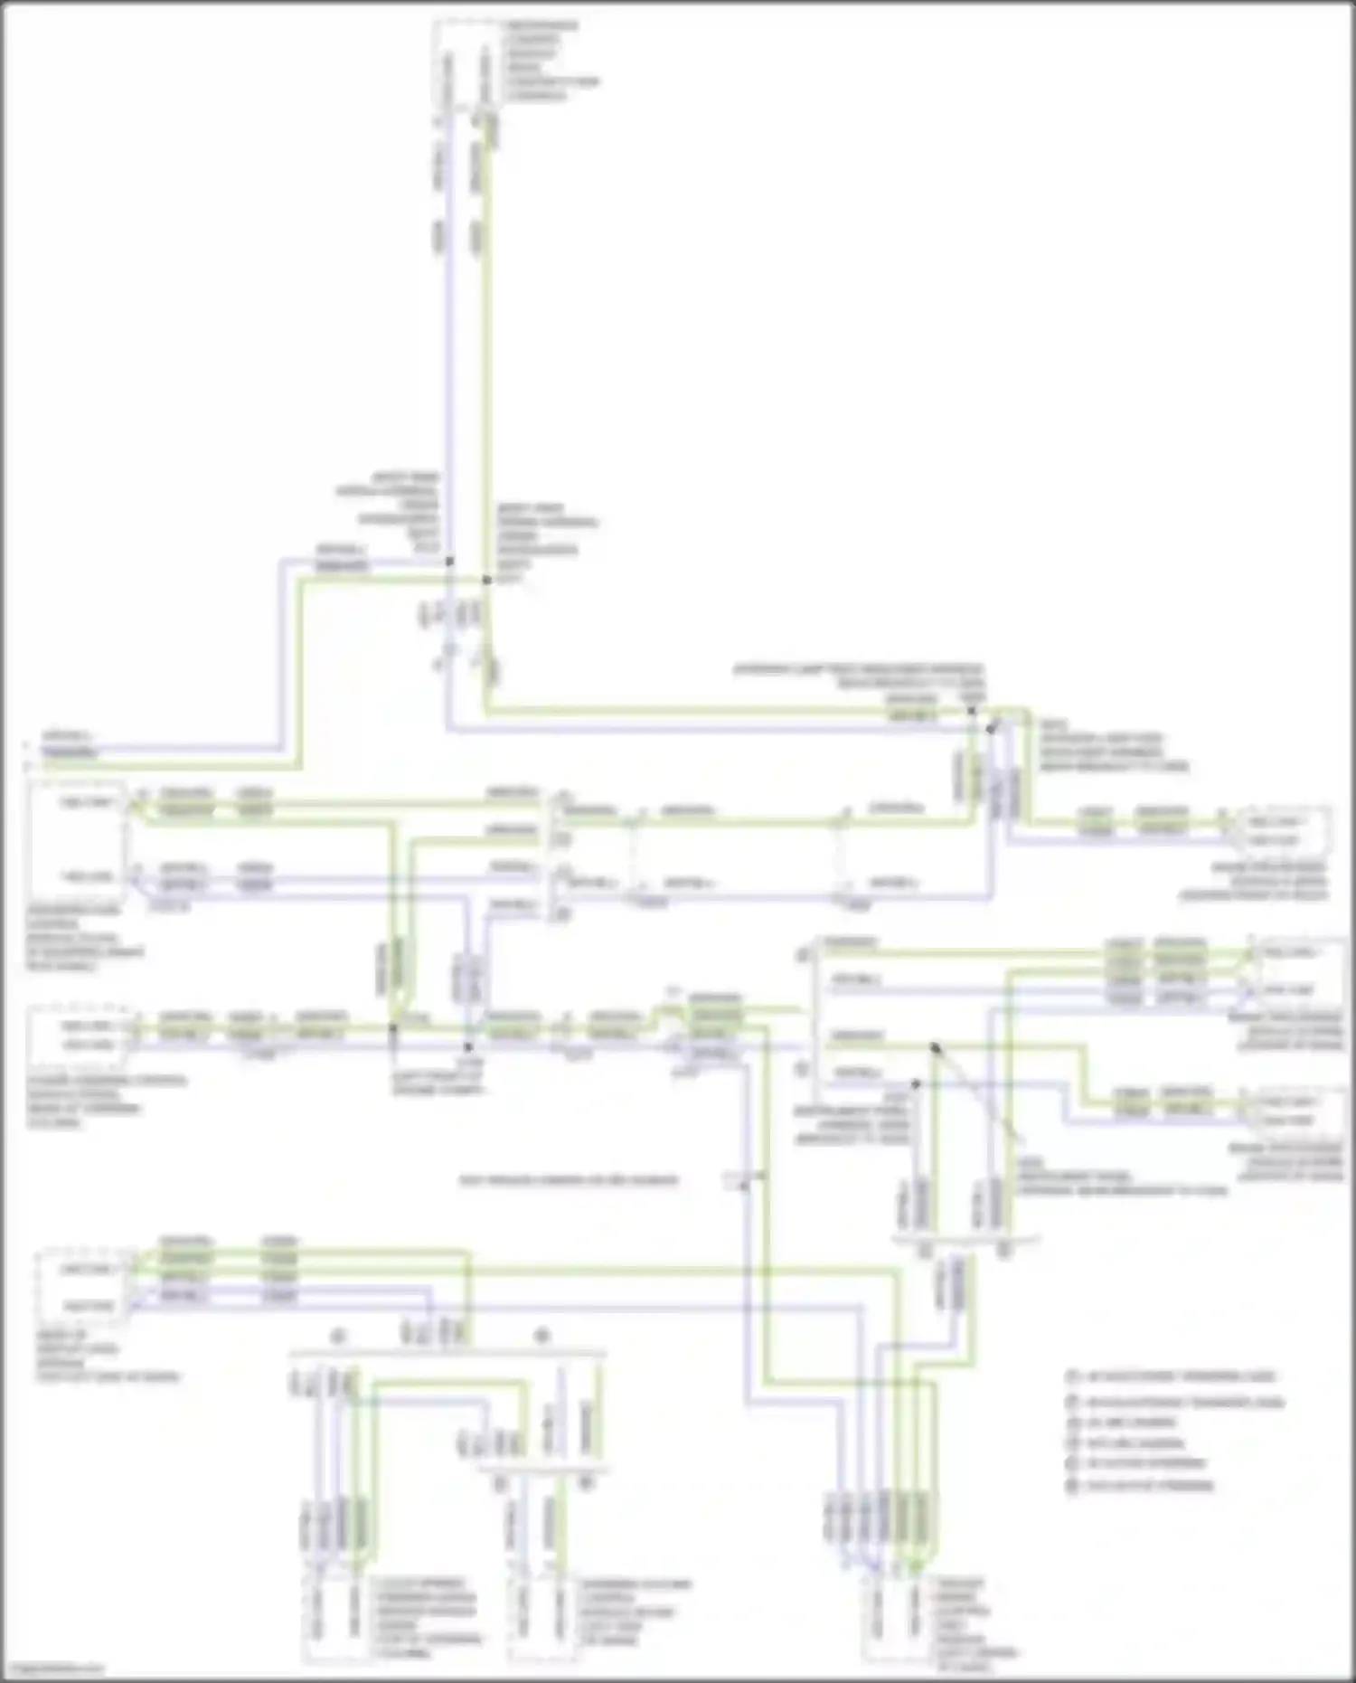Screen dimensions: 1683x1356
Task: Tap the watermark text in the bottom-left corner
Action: (52, 1669)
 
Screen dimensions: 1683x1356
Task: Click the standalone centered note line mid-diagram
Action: (569, 1180)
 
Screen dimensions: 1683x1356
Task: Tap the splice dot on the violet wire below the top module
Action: (449, 562)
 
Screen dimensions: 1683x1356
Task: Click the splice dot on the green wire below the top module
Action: (486, 580)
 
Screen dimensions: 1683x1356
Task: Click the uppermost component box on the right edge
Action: (1283, 830)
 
